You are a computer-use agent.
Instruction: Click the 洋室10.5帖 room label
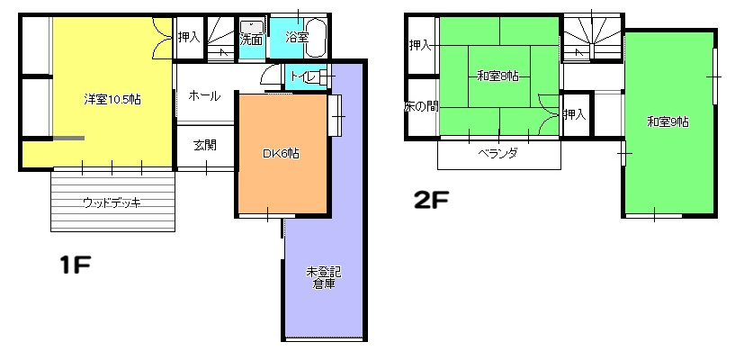click(112, 99)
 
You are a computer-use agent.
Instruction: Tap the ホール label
click(204, 96)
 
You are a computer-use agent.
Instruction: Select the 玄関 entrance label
click(205, 145)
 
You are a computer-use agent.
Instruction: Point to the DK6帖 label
click(281, 153)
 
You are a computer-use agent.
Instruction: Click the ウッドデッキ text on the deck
click(112, 203)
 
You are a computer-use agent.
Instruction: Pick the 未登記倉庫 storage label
click(324, 278)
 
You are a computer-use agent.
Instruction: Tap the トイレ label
click(302, 76)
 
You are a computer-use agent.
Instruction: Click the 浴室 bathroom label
click(297, 38)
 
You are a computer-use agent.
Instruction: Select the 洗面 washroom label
click(251, 40)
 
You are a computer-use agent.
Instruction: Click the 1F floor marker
click(75, 265)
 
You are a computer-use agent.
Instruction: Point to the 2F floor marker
click(431, 201)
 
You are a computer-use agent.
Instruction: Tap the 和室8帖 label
click(497, 76)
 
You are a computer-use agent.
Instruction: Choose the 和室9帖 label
click(668, 121)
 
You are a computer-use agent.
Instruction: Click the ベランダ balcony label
click(497, 153)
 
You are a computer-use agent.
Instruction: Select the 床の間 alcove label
click(421, 107)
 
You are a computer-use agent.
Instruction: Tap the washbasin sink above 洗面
click(252, 27)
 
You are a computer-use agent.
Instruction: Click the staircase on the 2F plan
click(593, 39)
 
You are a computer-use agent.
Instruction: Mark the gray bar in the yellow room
click(68, 138)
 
